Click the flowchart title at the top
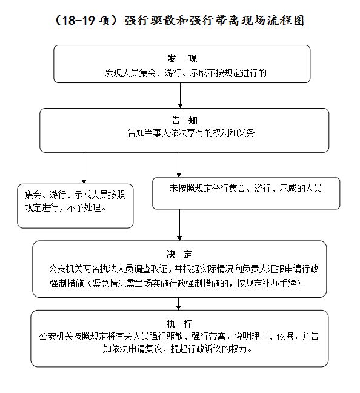[x=179, y=20]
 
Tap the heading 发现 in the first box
[x=182, y=59]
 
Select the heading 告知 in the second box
[x=184, y=120]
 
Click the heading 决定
[x=179, y=254]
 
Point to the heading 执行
[x=179, y=324]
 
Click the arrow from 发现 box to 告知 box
[x=180, y=95]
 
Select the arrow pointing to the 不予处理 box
[x=84, y=168]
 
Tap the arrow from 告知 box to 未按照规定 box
[x=179, y=165]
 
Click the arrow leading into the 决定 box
[x=179, y=225]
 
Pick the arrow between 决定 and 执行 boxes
[x=178, y=304]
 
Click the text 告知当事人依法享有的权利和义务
[x=191, y=133]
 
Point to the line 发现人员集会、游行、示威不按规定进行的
[x=185, y=73]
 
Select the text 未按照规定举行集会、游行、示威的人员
[x=245, y=188]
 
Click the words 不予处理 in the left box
[x=84, y=207]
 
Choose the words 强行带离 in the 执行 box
[x=208, y=336]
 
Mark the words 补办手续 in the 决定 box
[x=279, y=283]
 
